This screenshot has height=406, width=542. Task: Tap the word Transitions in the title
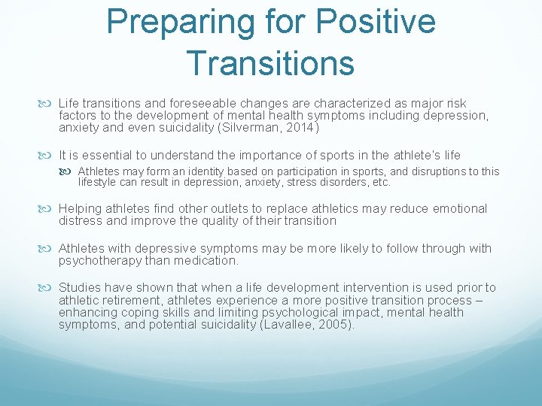(x=269, y=62)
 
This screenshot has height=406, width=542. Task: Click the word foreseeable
(x=193, y=103)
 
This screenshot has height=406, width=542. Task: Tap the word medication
(x=207, y=261)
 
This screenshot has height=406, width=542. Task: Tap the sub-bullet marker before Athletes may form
(x=69, y=171)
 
